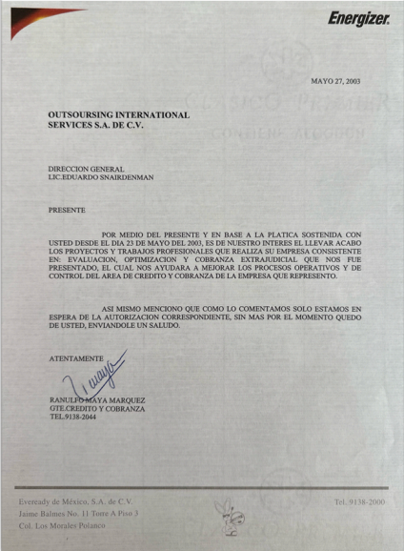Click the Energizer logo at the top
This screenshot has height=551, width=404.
click(x=358, y=18)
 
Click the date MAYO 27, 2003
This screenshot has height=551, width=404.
click(x=337, y=82)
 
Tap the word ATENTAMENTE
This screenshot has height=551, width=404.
click(x=74, y=357)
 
